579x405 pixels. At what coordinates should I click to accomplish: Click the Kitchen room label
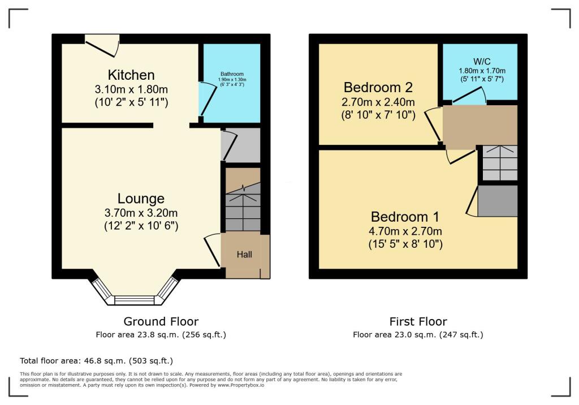tap(131, 75)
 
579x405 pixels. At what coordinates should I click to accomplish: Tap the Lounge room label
tap(141, 199)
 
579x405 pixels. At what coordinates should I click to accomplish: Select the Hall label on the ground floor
tap(244, 255)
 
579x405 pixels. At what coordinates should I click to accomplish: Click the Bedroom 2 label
tap(378, 88)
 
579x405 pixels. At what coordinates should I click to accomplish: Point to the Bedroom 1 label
tap(405, 217)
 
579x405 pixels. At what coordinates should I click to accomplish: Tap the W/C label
tap(480, 61)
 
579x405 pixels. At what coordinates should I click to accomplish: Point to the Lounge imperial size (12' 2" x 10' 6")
tap(141, 225)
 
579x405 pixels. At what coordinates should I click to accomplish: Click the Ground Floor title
tap(161, 322)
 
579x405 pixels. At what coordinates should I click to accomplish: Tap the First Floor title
tap(418, 322)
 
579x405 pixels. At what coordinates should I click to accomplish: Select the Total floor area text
tap(96, 360)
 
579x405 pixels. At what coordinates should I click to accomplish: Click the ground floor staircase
tap(243, 206)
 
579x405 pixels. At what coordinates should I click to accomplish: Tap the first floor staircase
tap(498, 164)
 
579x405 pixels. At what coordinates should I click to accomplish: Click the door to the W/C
tap(469, 99)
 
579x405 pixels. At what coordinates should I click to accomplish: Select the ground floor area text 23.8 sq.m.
tap(161, 334)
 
